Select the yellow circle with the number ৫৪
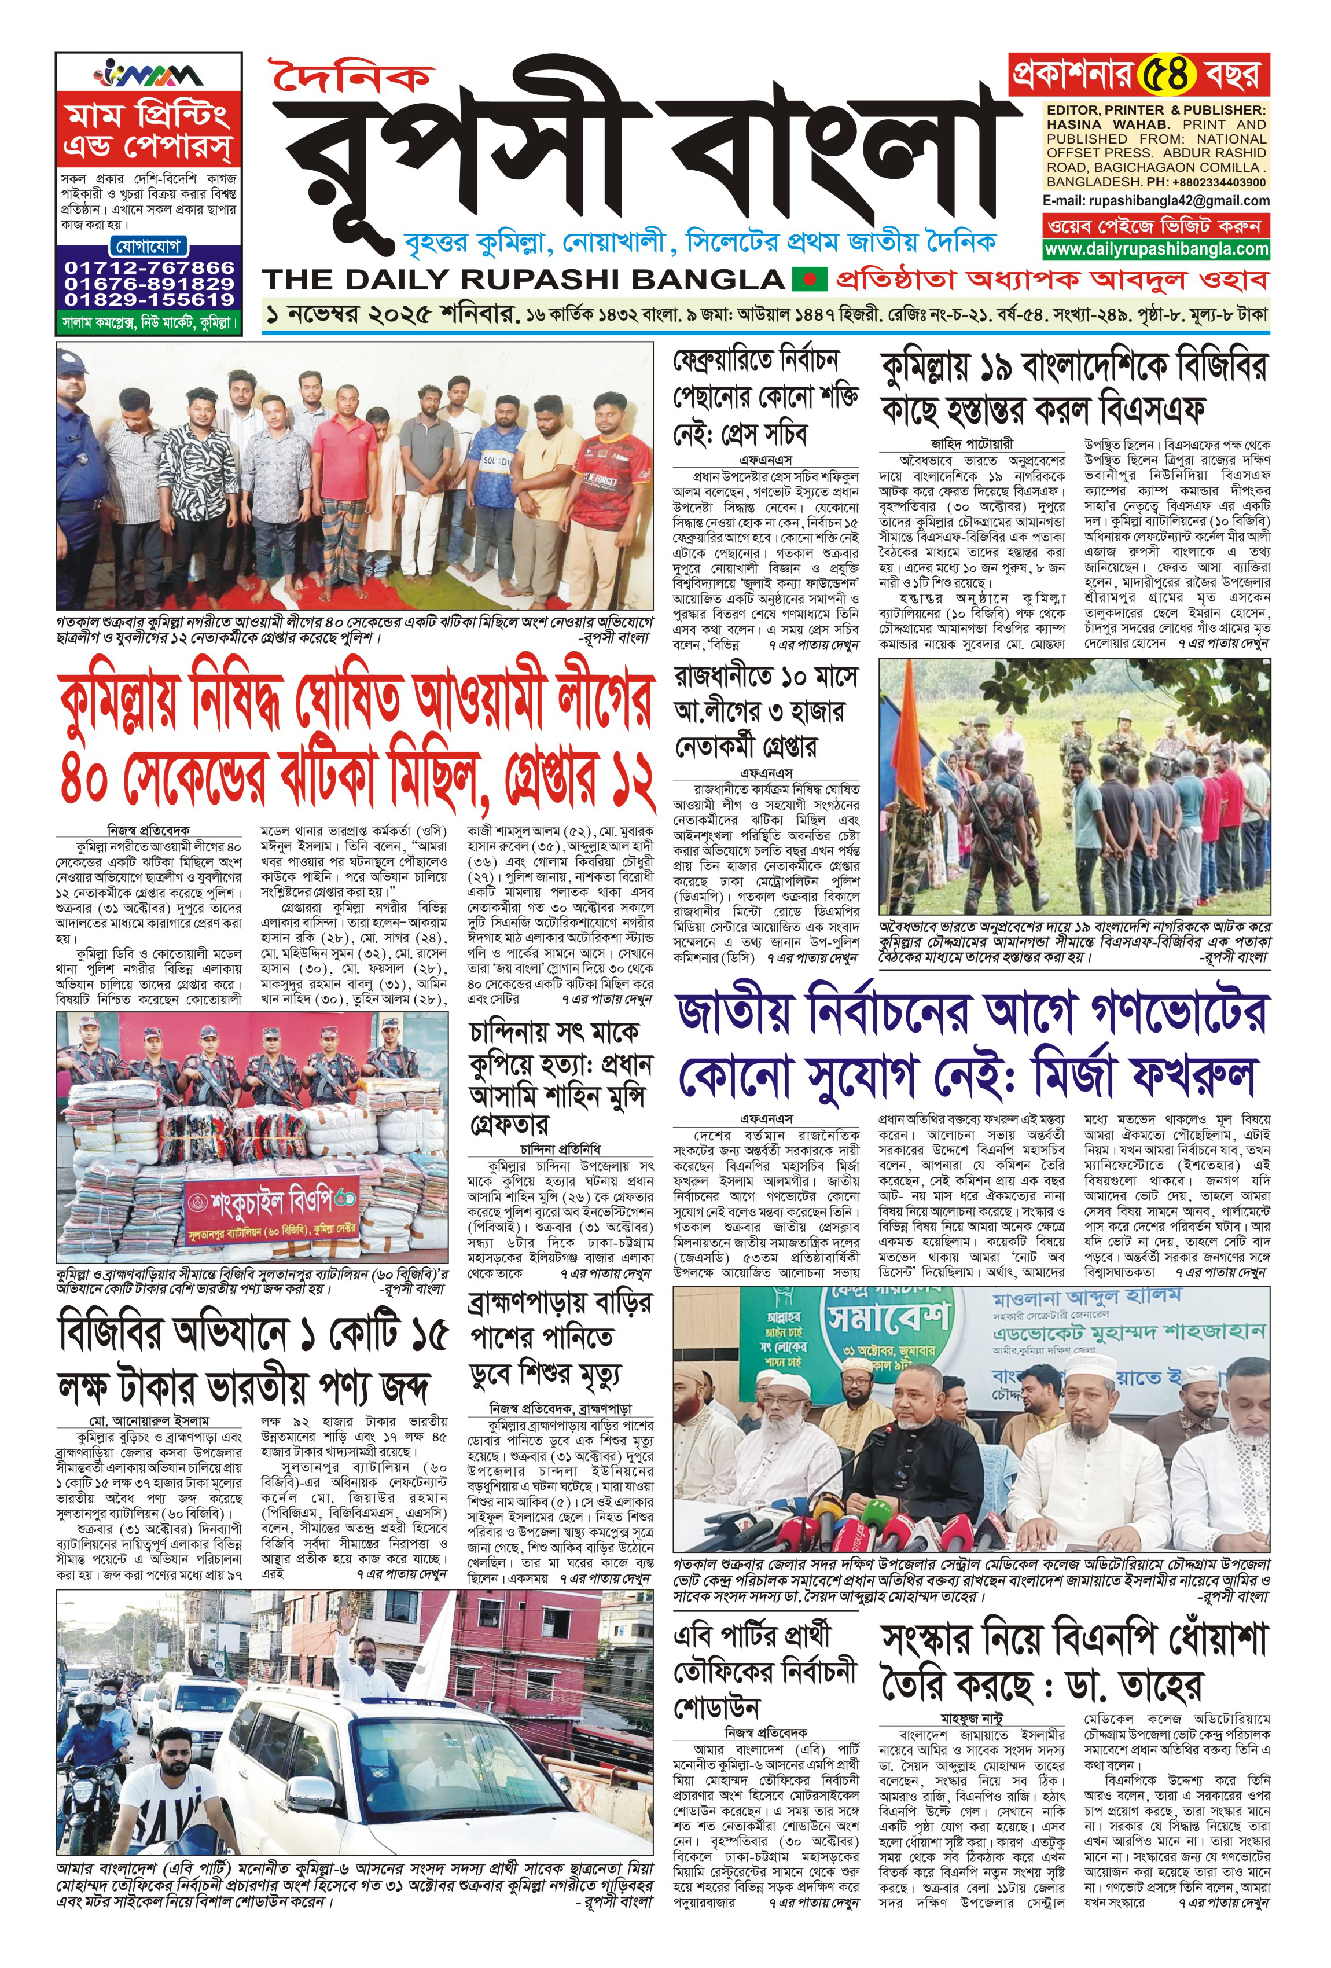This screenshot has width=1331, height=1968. pos(1166,75)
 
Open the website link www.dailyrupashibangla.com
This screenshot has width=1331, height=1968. pos(1156,249)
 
